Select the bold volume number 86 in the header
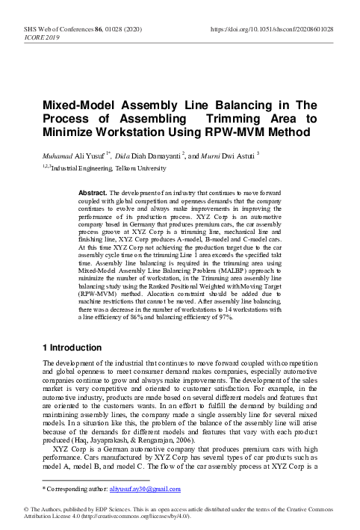(x=86, y=28)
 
